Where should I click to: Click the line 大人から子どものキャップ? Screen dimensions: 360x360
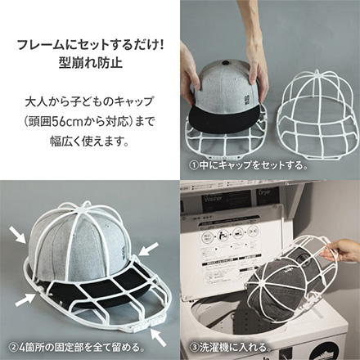91,107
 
